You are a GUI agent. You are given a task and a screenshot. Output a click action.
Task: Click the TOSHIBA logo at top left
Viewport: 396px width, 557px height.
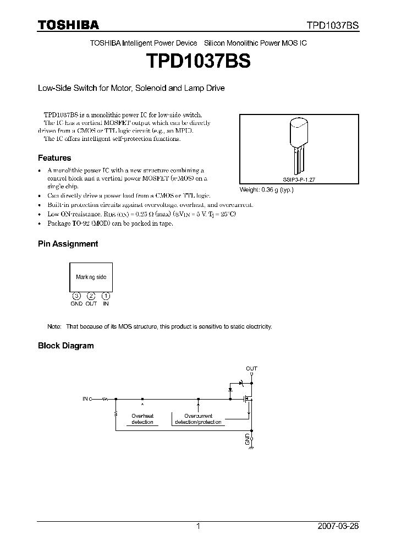tap(68, 25)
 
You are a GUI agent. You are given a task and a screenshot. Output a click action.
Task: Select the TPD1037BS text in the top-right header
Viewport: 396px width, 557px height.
tap(333, 25)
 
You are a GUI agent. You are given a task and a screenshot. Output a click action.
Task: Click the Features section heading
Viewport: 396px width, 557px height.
tap(54, 158)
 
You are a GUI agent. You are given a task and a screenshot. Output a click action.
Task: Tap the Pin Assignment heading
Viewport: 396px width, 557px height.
tap(68, 244)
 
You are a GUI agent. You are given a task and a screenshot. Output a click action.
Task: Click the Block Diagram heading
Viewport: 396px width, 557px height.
tap(65, 346)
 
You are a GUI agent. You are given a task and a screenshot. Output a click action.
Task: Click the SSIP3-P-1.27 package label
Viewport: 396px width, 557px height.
tap(298, 180)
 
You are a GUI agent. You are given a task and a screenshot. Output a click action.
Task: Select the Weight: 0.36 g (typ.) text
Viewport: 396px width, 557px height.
tap(266, 190)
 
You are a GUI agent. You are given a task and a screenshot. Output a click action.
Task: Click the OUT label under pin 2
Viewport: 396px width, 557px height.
tap(91, 304)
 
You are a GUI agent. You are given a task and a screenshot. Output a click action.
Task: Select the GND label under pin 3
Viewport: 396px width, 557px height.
tap(76, 304)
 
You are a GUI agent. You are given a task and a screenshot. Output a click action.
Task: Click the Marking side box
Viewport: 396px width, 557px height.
tap(91, 277)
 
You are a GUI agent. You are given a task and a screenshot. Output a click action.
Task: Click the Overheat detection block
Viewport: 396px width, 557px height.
tap(142, 419)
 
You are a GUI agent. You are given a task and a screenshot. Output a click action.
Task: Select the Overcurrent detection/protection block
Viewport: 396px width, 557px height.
tap(199, 419)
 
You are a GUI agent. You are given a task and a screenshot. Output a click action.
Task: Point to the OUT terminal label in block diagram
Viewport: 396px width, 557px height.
tap(251, 368)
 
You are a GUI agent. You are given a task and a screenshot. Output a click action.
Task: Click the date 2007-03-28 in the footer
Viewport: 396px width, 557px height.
tap(338, 526)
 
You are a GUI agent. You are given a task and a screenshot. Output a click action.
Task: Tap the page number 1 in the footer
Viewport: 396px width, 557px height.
tap(198, 526)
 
